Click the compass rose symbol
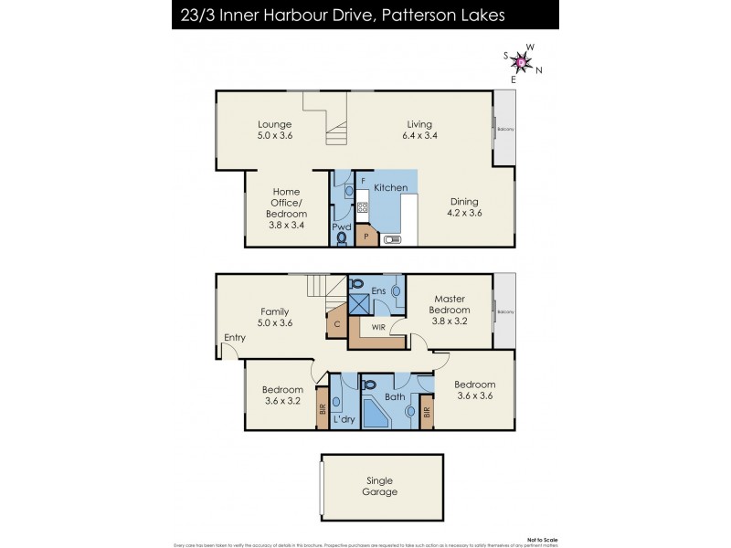[x=522, y=62]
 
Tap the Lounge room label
[x=274, y=130]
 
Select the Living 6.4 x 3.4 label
[x=419, y=130]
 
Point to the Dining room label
[x=464, y=207]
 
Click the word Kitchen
[x=390, y=187]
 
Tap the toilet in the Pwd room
[x=342, y=238]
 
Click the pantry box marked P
[x=366, y=235]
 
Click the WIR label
[x=377, y=326]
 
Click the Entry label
[x=235, y=337]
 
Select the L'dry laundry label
[x=344, y=418]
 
